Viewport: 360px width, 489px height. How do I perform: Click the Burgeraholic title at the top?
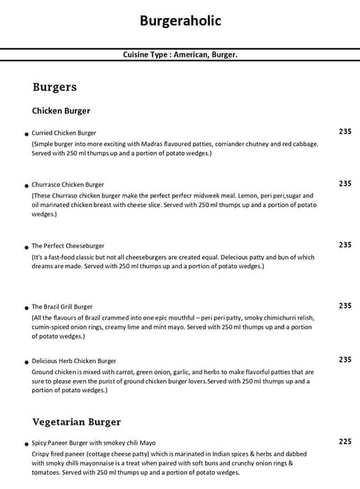pyautogui.click(x=180, y=21)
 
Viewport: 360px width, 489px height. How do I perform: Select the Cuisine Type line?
pyautogui.click(x=180, y=54)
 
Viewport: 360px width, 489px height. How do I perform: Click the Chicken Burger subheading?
pyautogui.click(x=61, y=110)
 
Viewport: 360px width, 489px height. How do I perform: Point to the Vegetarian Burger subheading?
pyautogui.click(x=77, y=422)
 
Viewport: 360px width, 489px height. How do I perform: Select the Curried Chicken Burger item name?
pyautogui.click(x=64, y=133)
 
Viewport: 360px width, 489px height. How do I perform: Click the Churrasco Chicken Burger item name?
pyautogui.click(x=68, y=184)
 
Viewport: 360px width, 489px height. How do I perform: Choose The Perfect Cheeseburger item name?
pyautogui.click(x=68, y=246)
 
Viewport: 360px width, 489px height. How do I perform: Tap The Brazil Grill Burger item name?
pyautogui.click(x=62, y=307)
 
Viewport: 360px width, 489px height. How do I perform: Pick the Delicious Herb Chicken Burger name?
pyautogui.click(x=74, y=361)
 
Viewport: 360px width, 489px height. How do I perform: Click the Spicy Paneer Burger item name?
pyautogui.click(x=94, y=443)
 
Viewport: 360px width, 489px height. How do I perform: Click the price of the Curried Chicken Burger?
pyautogui.click(x=345, y=131)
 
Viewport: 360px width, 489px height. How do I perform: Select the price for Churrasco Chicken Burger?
pyautogui.click(x=345, y=184)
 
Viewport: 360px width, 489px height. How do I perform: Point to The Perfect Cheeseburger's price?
pyautogui.click(x=345, y=245)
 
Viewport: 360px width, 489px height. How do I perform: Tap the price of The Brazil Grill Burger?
pyautogui.click(x=345, y=306)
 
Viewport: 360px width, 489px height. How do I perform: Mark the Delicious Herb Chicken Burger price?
pyautogui.click(x=345, y=360)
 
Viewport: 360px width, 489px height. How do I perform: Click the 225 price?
pyautogui.click(x=345, y=441)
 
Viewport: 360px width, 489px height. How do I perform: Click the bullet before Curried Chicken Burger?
pyautogui.click(x=26, y=133)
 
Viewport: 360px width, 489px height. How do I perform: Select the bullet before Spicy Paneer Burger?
pyautogui.click(x=26, y=444)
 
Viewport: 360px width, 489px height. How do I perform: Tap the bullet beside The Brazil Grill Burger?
pyautogui.click(x=26, y=307)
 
